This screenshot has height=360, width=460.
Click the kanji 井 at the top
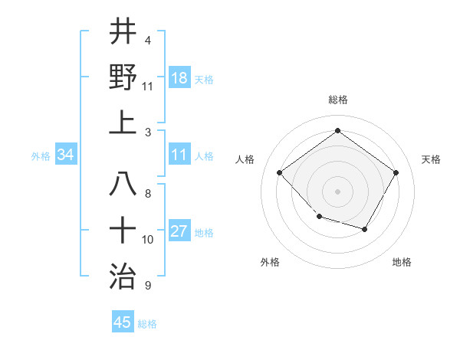[x=123, y=31]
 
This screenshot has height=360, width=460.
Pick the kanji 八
[x=123, y=184]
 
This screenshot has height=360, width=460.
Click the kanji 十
[x=123, y=229]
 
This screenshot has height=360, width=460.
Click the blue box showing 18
[x=179, y=78]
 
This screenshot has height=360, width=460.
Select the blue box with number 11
[x=179, y=155]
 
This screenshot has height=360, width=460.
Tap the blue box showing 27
[x=179, y=232]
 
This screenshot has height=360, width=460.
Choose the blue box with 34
[x=66, y=155]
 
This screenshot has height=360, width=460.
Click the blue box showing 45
[x=123, y=322]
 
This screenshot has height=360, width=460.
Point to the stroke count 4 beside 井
[x=147, y=40]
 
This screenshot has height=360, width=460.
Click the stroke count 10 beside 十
[x=148, y=240]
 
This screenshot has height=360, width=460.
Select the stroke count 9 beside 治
[x=147, y=286]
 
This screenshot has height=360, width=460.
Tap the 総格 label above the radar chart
[x=337, y=100]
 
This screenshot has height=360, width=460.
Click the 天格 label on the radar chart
[x=431, y=159]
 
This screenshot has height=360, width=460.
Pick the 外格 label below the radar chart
[x=269, y=262]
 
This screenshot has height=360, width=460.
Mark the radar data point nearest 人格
[x=280, y=173]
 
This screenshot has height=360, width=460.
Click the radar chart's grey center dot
[x=337, y=191]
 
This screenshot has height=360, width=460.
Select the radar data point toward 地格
[x=365, y=229]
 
